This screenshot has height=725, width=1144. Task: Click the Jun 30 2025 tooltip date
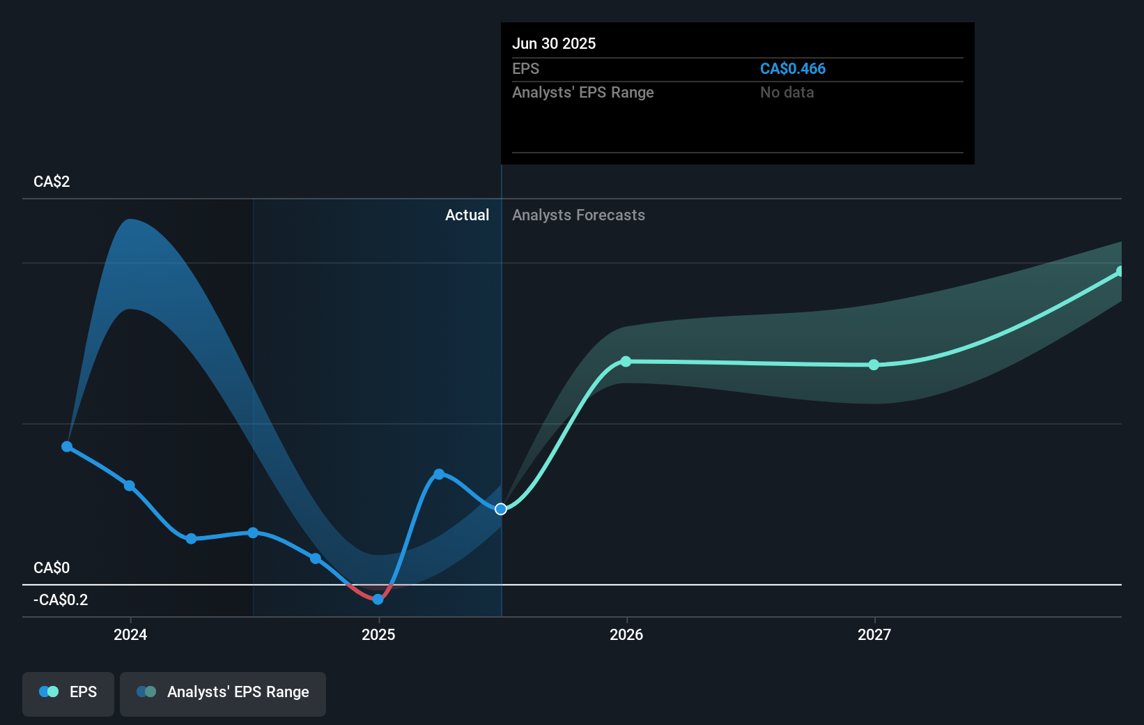(x=554, y=43)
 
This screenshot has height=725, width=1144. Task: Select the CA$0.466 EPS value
(x=792, y=68)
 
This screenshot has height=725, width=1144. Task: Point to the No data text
(x=787, y=92)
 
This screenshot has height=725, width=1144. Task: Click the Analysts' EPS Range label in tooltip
(x=582, y=92)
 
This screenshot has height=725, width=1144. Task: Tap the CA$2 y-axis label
(x=52, y=181)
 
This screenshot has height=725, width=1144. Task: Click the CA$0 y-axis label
(x=52, y=567)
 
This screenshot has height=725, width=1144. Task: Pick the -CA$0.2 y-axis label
(x=61, y=600)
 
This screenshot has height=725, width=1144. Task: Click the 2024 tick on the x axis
(x=130, y=634)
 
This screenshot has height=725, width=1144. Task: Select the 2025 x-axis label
(x=378, y=634)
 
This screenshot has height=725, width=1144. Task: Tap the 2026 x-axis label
(x=626, y=634)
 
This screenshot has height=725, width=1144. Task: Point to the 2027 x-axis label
(x=874, y=634)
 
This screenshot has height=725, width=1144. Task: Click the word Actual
(x=467, y=215)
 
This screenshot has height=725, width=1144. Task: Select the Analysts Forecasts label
(x=578, y=215)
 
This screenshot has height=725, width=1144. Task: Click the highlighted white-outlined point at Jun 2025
(x=501, y=509)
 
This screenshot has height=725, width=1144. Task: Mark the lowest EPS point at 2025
(x=378, y=599)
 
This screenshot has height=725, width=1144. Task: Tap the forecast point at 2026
(x=626, y=361)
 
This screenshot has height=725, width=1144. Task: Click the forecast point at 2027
(x=874, y=365)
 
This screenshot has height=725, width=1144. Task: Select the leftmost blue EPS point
(x=67, y=446)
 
